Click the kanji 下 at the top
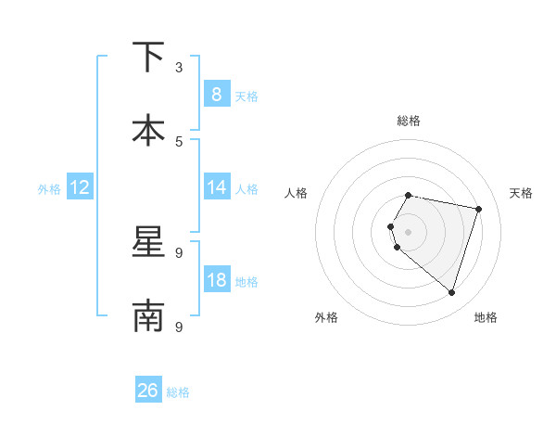pos(148,58)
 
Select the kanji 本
pos(148,130)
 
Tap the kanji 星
pos(148,243)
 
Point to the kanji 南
pos(148,315)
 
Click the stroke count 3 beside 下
pos(179,67)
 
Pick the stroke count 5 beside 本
pos(179,141)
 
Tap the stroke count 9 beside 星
pos(179,252)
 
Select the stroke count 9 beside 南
pos(179,327)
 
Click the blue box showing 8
pos(216,94)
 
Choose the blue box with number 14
pos(216,187)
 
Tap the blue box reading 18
pos(216,280)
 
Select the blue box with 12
pos(80,187)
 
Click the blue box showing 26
pos(147,391)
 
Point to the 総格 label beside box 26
pos(178,392)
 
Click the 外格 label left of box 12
pos(49,189)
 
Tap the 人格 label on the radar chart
pos(297,193)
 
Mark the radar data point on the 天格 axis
pos(478,209)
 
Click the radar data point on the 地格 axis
pos(451,292)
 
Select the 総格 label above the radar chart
pos(409,121)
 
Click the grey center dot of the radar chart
pos(409,231)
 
